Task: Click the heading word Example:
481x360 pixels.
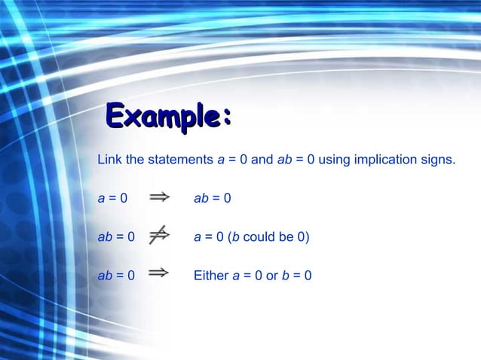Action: coord(167,117)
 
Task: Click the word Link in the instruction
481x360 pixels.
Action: coord(109,160)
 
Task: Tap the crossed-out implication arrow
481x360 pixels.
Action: coord(158,236)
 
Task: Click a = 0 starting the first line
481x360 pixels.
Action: coord(112,199)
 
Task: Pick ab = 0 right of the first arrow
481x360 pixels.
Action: coord(212,199)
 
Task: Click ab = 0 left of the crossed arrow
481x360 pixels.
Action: coord(116,237)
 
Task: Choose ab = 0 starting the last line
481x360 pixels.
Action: coord(116,276)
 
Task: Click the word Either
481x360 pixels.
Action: coord(210,276)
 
